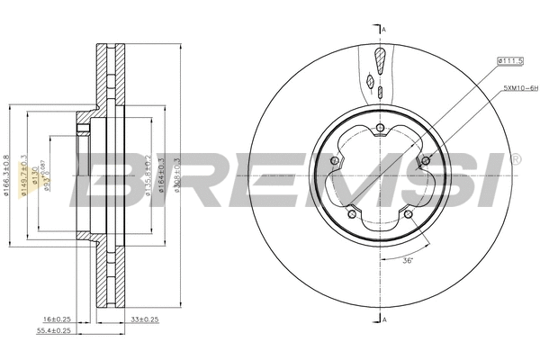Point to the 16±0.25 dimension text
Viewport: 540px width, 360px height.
pos(58,319)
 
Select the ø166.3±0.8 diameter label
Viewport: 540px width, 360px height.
pos(7,171)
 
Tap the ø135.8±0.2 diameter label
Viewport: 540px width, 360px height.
pos(148,171)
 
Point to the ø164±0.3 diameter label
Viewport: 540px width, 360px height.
pos(162,171)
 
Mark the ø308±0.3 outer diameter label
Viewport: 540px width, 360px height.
pos(176,171)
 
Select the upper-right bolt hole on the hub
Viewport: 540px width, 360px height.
pos(425,161)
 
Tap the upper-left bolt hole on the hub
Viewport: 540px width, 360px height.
pos(333,161)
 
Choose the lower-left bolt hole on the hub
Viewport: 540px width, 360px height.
pos(351,215)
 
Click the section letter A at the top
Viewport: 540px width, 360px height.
pos(383,31)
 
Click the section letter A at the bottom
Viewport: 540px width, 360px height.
pos(383,320)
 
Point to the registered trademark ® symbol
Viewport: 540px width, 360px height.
pos(515,159)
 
